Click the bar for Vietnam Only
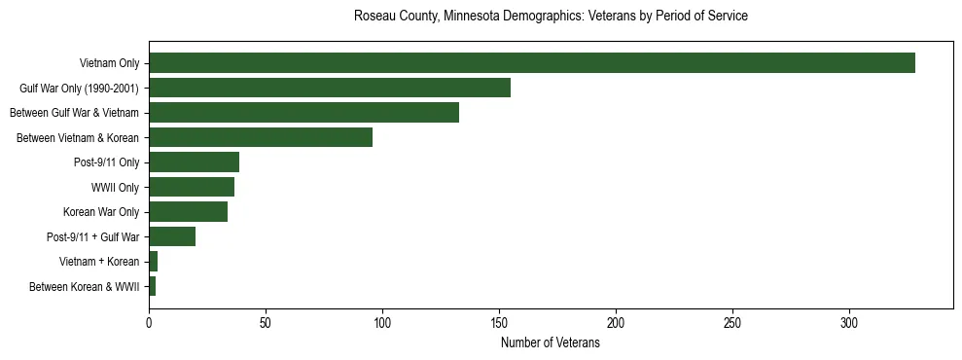point(531,63)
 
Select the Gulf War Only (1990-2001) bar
point(330,89)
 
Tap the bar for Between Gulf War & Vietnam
point(303,113)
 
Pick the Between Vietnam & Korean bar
point(261,138)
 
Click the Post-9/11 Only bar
point(194,162)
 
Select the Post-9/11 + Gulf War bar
point(172,236)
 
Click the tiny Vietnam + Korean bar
point(153,262)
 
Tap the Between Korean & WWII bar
point(152,286)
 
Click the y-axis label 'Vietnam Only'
point(109,63)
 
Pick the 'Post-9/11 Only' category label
point(107,162)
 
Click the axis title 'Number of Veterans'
point(550,342)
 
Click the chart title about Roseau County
point(551,17)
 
